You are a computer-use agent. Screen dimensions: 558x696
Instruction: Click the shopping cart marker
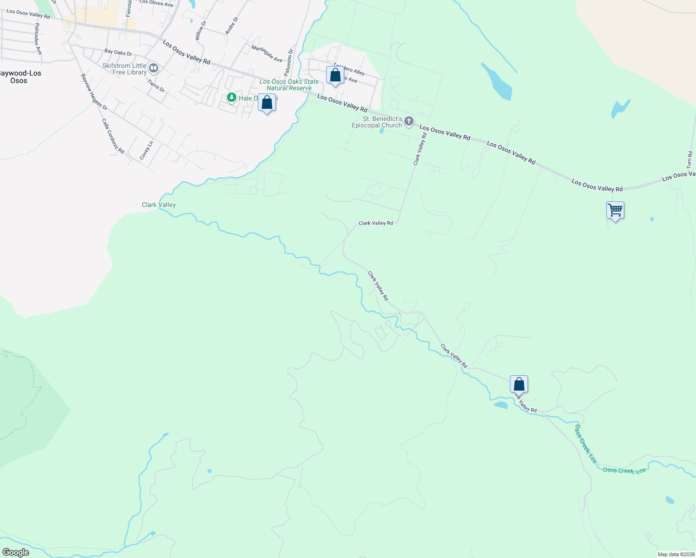615,211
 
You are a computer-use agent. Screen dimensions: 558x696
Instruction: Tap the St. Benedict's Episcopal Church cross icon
409,122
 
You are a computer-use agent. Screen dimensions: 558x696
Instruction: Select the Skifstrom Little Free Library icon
154,69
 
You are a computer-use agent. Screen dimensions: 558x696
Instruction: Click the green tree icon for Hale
231,98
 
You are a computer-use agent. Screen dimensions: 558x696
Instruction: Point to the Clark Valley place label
159,205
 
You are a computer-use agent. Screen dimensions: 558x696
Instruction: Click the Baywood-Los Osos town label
20,77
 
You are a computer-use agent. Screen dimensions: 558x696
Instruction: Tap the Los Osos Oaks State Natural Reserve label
289,85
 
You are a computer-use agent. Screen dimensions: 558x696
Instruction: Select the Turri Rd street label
690,159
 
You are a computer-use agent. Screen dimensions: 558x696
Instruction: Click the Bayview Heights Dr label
94,92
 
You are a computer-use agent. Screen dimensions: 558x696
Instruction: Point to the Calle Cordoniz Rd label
113,136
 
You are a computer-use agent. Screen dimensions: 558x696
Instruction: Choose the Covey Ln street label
147,151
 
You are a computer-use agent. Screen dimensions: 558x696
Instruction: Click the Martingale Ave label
267,53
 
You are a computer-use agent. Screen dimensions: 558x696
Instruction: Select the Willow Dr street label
200,30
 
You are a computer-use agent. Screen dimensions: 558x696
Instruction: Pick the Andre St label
231,26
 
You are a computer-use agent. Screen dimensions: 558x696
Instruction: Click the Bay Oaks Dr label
118,52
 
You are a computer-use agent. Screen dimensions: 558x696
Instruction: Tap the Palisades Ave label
38,39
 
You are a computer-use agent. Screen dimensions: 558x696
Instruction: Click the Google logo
15,552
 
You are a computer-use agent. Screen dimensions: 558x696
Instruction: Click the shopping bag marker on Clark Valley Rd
519,385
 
